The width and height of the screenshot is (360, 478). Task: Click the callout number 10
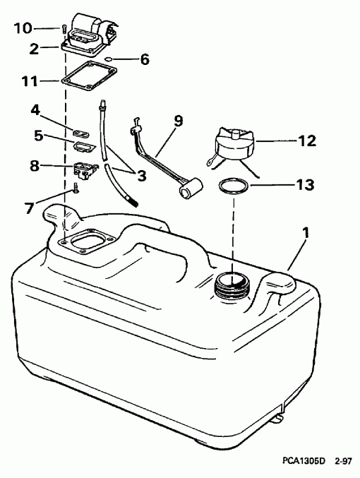coord(23,28)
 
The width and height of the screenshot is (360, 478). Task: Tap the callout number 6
coord(145,59)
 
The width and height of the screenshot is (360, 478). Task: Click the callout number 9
coord(178,121)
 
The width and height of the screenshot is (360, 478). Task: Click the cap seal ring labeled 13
coord(233,187)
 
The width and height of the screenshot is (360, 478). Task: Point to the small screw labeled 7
coord(73,189)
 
